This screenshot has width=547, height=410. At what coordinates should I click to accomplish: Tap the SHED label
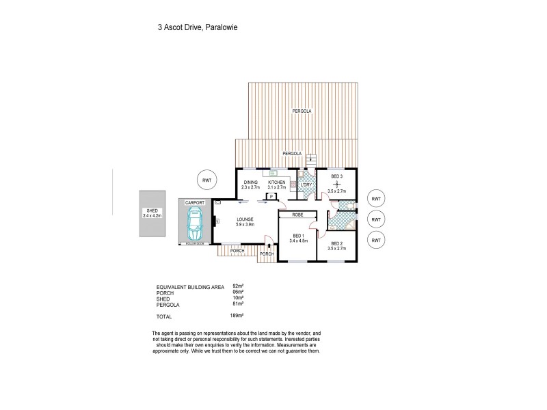[151, 210]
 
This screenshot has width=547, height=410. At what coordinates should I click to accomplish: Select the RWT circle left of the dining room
[206, 180]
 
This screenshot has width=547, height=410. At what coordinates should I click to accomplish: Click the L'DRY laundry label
[306, 184]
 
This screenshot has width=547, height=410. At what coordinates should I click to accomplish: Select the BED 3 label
[337, 176]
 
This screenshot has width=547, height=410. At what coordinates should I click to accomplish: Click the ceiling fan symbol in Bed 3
[337, 183]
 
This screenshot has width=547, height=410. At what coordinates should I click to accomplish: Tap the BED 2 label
[337, 243]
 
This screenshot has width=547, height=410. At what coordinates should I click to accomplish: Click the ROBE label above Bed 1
[297, 215]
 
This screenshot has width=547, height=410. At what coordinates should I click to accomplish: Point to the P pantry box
[271, 197]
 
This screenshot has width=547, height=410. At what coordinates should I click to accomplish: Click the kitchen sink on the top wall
[278, 172]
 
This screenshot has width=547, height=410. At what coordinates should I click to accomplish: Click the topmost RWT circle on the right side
[375, 198]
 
